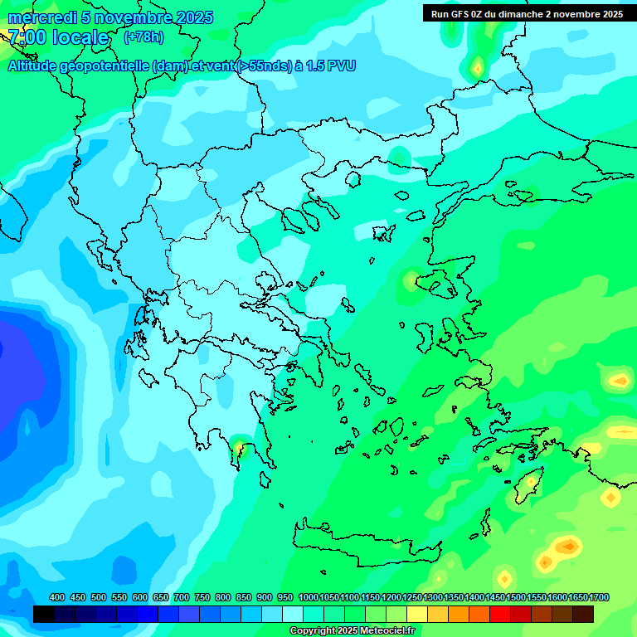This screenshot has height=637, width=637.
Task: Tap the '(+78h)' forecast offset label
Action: pyautogui.click(x=143, y=37)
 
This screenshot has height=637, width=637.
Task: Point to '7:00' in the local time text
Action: pyautogui.click(x=27, y=37)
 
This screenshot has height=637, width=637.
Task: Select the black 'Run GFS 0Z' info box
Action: pyautogui.click(x=527, y=13)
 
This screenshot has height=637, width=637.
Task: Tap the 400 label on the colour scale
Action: pyautogui.click(x=57, y=597)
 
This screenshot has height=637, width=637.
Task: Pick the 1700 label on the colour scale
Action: pyautogui.click(x=599, y=597)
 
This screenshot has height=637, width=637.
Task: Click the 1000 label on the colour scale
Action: pyautogui.click(x=308, y=597)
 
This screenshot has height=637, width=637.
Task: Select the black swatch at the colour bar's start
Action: pyautogui.click(x=44, y=615)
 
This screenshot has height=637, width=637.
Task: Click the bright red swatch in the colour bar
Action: pyautogui.click(x=500, y=615)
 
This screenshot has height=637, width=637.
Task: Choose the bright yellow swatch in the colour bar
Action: pyautogui.click(x=417, y=615)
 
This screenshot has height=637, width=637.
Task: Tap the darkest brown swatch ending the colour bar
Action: pyautogui.click(x=583, y=615)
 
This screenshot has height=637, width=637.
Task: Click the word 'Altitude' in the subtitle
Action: pyautogui.click(x=38, y=66)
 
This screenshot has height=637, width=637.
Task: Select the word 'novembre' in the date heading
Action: pyautogui.click(x=140, y=17)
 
